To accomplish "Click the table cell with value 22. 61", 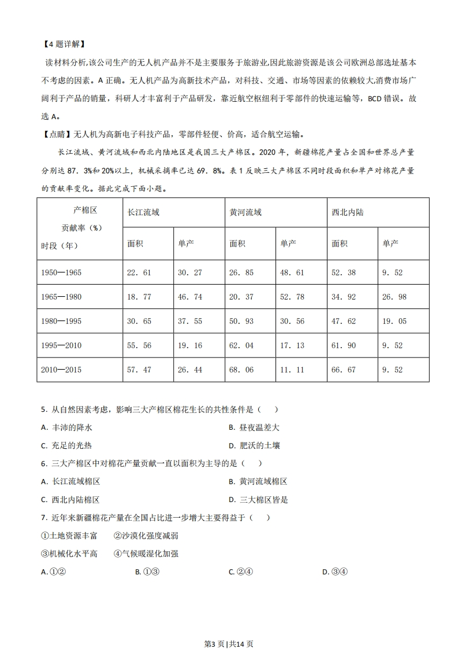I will tap(139, 272).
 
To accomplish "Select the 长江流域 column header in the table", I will tap(143, 212).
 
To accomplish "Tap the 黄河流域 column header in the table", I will tap(245, 212).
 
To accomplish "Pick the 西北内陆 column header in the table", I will tap(348, 212).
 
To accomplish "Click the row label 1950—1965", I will tap(62, 272).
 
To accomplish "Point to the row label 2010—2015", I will tap(62, 370).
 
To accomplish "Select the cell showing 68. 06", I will tap(241, 370).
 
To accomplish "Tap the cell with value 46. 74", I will tap(189, 297).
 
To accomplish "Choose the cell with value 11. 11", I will tap(292, 370).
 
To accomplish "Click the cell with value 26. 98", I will tap(394, 297).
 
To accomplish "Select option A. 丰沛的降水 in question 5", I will tap(67, 427).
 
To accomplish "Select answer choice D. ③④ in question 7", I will tap(334, 571).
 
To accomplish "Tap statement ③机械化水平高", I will tap(69, 554).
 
